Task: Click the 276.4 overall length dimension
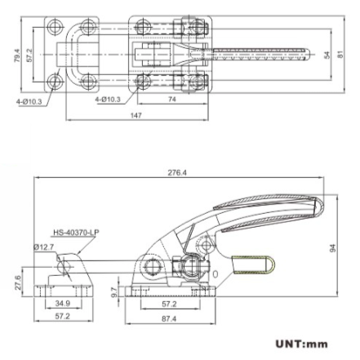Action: (x=176, y=173)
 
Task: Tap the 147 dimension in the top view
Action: (x=136, y=116)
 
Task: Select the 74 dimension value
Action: (x=172, y=99)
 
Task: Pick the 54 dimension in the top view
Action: (x=327, y=55)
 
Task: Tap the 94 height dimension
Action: (x=332, y=247)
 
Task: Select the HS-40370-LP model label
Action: (x=75, y=232)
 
